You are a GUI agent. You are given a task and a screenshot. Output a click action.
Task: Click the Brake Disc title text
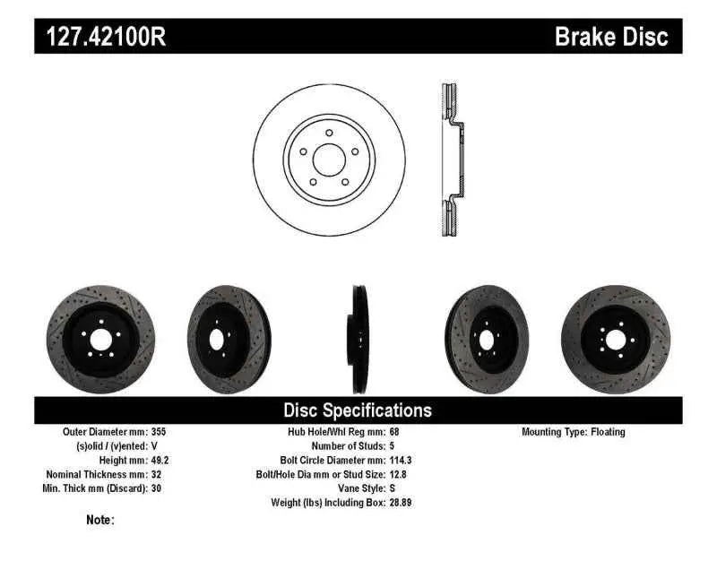click(x=611, y=37)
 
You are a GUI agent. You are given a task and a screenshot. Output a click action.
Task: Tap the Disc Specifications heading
click(x=358, y=410)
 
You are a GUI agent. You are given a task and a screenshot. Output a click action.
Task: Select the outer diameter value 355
click(x=158, y=432)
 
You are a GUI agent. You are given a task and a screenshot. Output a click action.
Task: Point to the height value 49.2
click(x=160, y=460)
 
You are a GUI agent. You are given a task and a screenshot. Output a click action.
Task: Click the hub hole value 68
click(x=395, y=432)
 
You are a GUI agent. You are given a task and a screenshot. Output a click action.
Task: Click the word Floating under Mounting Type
click(x=608, y=432)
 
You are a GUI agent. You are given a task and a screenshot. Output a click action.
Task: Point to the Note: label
click(x=100, y=520)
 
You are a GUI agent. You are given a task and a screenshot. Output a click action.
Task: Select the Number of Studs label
click(x=349, y=445)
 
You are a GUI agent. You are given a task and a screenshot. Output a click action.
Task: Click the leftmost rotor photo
click(x=94, y=340)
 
